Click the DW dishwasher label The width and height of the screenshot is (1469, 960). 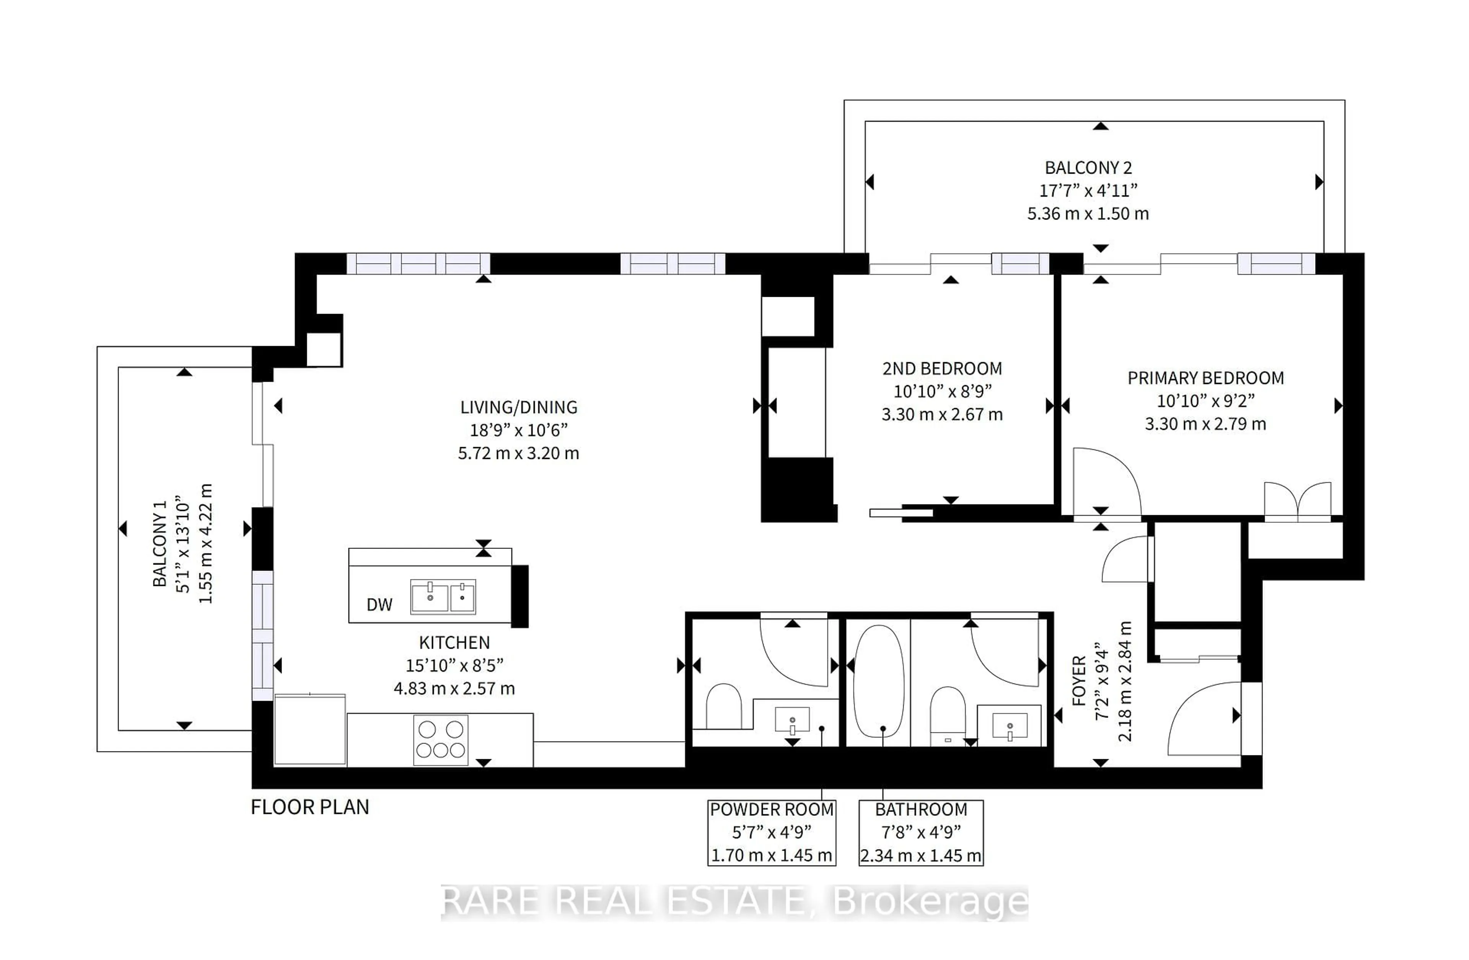[x=379, y=605]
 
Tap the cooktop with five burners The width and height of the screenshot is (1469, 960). [x=440, y=740]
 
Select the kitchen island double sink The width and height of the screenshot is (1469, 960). [x=443, y=597]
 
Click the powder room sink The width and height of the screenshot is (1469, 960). [x=792, y=720]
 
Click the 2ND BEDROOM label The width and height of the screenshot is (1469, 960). [x=942, y=369]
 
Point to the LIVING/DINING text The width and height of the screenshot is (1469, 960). [x=518, y=407]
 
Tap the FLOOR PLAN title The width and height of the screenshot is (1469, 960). [x=310, y=807]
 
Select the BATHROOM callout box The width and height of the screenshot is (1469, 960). [x=920, y=833]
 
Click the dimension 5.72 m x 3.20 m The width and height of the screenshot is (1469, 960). [x=518, y=454]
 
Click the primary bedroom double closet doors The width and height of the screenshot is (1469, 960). [x=1297, y=501]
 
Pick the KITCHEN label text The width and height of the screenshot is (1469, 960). [x=454, y=643]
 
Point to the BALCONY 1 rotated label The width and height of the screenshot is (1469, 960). [x=160, y=543]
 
